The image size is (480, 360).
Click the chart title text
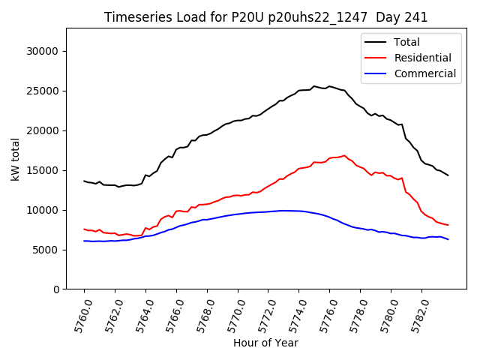265,17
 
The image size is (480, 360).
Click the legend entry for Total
406,42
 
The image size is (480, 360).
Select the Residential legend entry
422,58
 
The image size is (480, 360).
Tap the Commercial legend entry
424,73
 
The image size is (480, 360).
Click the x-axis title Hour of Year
265,343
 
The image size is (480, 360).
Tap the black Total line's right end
448,175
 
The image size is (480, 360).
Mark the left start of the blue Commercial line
84,241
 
